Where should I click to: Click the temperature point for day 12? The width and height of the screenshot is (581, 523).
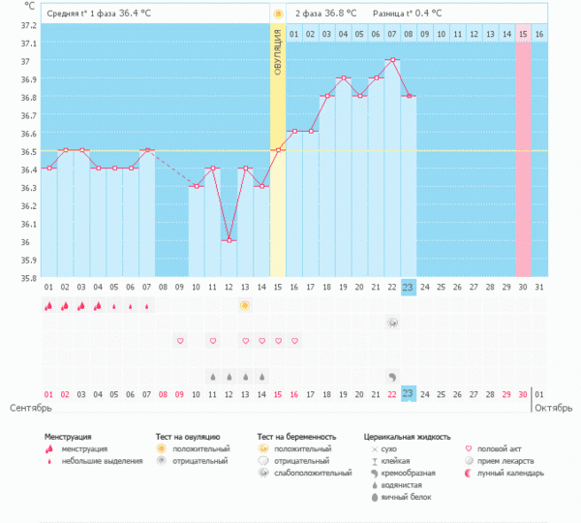click(x=229, y=240)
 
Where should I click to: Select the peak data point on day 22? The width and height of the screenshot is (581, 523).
click(x=392, y=60)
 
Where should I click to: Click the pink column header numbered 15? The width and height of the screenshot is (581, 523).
click(x=523, y=34)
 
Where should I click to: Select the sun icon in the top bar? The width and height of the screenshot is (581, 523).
click(x=278, y=14)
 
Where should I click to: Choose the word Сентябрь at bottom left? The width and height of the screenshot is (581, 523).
click(x=28, y=408)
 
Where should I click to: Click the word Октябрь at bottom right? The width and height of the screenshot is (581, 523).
click(x=554, y=408)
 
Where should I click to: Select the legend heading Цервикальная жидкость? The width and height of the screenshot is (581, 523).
click(x=407, y=438)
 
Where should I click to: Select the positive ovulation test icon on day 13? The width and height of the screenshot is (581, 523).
click(x=245, y=305)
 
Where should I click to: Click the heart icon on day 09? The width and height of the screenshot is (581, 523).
click(x=179, y=341)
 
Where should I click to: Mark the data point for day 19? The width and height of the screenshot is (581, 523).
click(x=343, y=77)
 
